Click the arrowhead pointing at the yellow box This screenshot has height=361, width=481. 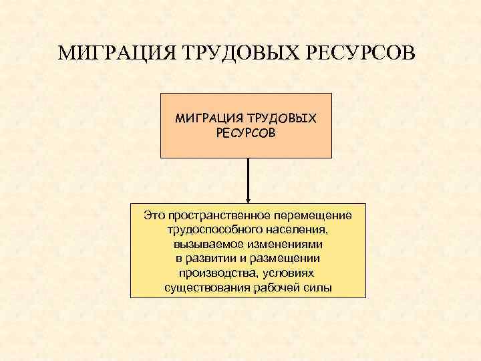coord(248,199)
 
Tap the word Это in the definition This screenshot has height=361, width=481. coord(155,215)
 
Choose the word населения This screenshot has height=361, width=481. coord(294,229)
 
